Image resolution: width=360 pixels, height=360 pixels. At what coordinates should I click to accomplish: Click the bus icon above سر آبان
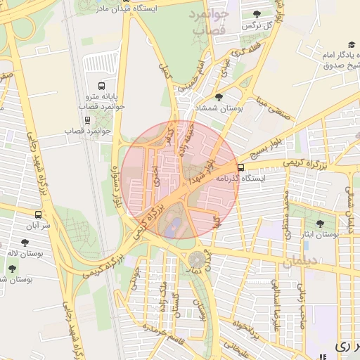pyautogui.click(x=38, y=214)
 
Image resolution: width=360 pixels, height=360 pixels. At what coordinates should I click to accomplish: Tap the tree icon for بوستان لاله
pyautogui.click(x=25, y=243)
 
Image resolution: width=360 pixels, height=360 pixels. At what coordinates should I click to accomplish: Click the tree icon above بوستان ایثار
pyautogui.click(x=320, y=224)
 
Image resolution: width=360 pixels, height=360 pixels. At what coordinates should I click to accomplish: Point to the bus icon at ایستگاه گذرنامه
pyautogui.click(x=241, y=167)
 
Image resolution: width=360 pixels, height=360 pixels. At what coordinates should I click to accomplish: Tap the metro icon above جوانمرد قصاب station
pyautogui.click(x=87, y=120)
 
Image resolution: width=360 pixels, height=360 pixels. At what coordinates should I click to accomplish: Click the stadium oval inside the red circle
pyautogui.click(x=170, y=224)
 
